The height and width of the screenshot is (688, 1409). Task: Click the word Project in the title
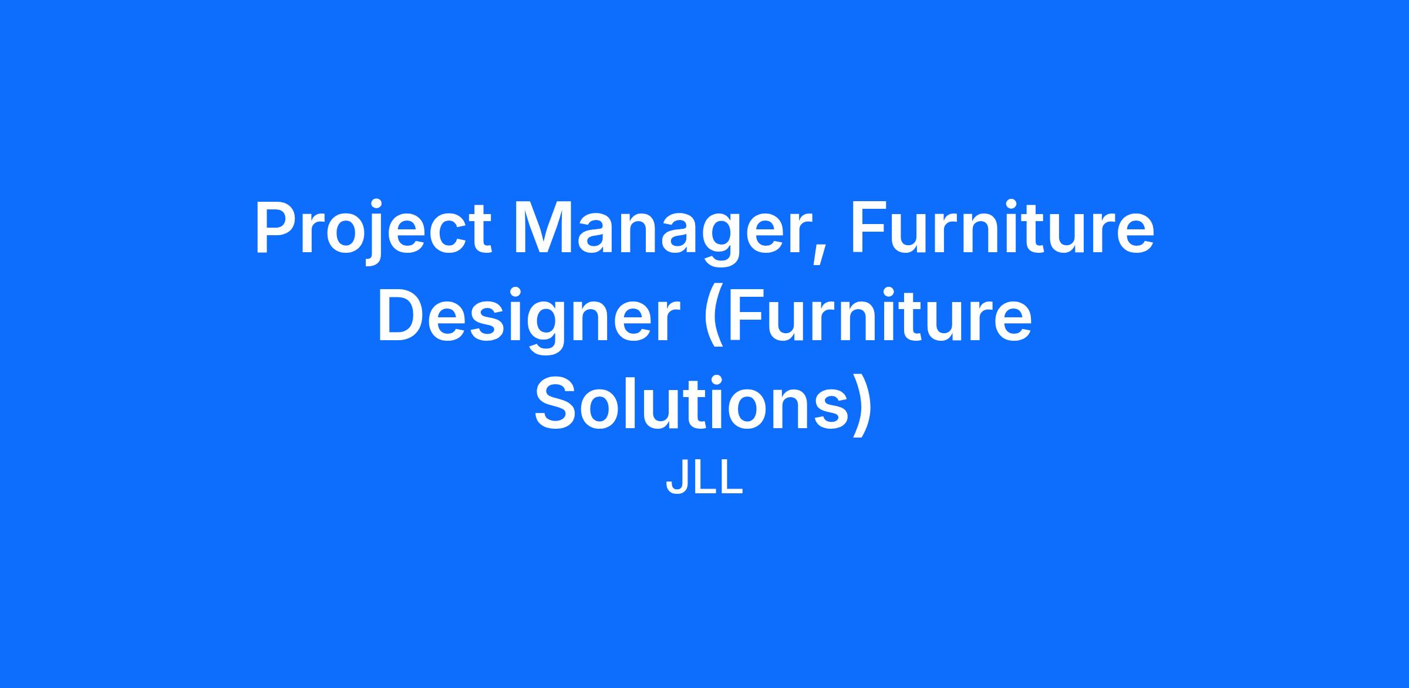tap(373, 231)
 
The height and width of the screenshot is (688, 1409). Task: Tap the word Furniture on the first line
tap(1002, 227)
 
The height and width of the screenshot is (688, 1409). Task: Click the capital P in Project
tap(277, 228)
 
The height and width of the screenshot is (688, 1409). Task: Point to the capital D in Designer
tap(402, 316)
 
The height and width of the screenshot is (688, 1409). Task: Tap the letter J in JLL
tap(677, 480)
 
